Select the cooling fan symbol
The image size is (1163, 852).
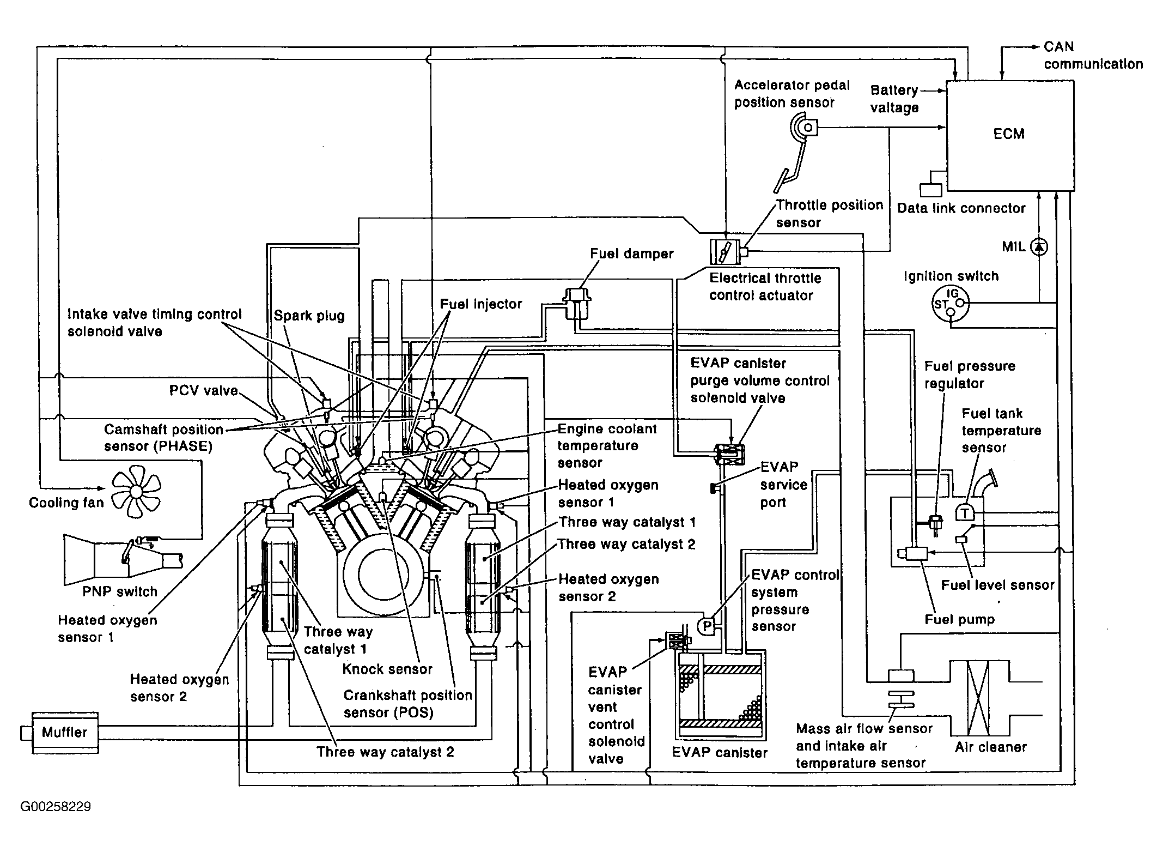click(x=136, y=494)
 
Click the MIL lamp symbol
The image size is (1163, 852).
click(x=1040, y=247)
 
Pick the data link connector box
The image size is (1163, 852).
click(x=930, y=190)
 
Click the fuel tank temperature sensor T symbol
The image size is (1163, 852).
click(x=965, y=512)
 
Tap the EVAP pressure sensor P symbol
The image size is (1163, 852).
click(x=707, y=626)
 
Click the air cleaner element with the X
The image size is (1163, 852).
click(x=978, y=698)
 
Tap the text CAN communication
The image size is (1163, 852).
click(x=1093, y=56)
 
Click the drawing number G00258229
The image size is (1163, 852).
click(x=56, y=806)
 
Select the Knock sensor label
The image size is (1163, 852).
click(x=387, y=669)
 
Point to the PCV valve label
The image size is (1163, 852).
click(x=204, y=391)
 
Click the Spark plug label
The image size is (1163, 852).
click(x=309, y=316)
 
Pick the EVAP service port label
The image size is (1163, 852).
click(x=783, y=485)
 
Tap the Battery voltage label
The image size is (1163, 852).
click(x=894, y=99)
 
